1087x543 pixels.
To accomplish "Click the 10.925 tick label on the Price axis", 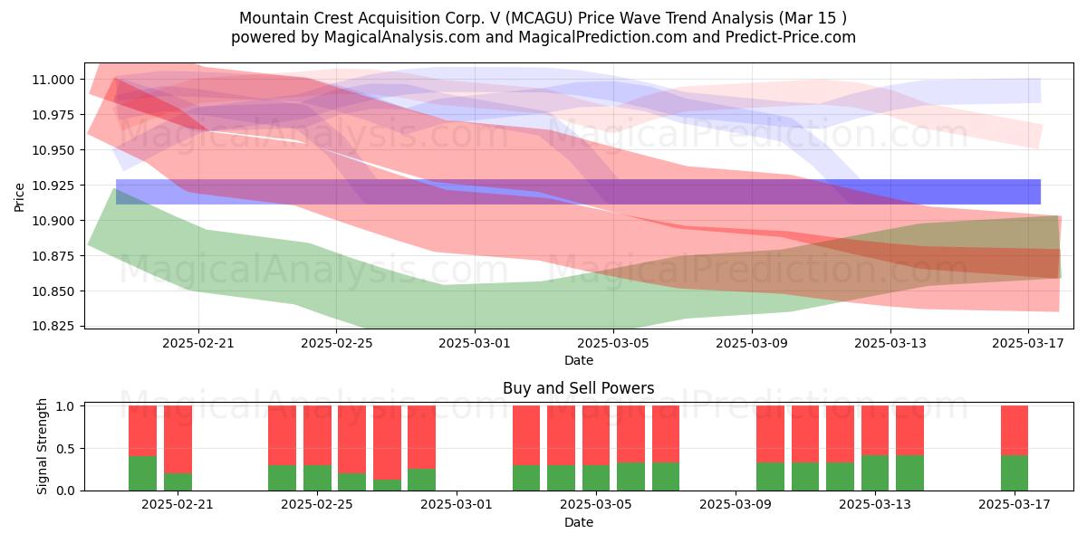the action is (x=53, y=186).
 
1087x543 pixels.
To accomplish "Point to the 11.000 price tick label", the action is (x=53, y=80).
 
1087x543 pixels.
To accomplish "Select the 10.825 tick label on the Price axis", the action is (x=53, y=327).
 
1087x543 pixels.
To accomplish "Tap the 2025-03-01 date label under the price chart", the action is (x=475, y=343).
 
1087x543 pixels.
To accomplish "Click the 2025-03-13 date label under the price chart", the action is (x=890, y=343).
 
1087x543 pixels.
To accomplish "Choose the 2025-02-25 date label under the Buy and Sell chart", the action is (x=317, y=505).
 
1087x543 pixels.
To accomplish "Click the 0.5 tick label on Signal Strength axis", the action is (x=65, y=449).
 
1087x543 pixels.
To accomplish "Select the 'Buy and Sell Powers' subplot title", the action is (x=579, y=388).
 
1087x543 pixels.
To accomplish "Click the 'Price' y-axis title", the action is (x=19, y=197).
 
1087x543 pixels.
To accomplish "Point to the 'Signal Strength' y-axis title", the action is (x=43, y=446).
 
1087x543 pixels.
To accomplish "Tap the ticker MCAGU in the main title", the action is (x=540, y=18).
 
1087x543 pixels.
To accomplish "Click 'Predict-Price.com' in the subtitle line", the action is (x=791, y=37).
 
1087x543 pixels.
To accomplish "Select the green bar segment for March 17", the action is (x=1015, y=472).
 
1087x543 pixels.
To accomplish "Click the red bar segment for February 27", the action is (x=388, y=443).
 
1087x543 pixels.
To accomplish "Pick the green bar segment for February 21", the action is (x=178, y=481).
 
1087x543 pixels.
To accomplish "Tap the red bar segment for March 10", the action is (x=770, y=434).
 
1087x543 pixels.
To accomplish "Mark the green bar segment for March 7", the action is (x=666, y=477).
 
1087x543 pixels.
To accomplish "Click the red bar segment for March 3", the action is (x=526, y=435).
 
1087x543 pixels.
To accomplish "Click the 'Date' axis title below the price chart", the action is (x=579, y=361).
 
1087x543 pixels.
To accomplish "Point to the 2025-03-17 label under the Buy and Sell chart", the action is (x=1015, y=505).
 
